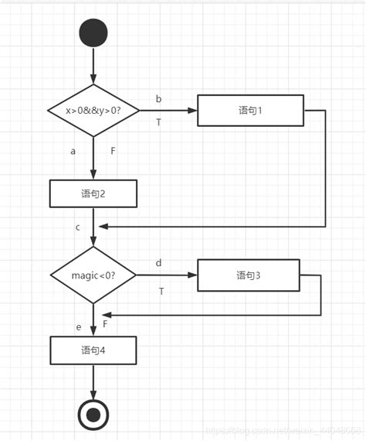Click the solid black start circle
tap(93, 33)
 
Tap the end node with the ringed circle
tap(93, 415)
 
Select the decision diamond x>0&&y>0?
tap(93, 111)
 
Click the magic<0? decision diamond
tap(93, 275)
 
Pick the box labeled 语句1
tap(250, 111)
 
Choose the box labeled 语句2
tap(93, 193)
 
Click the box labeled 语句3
tap(248, 275)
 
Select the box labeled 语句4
tap(93, 350)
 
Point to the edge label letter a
tap(73, 151)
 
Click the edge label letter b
tap(159, 99)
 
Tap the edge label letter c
tap(78, 227)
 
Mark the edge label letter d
tap(159, 263)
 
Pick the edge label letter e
tap(79, 327)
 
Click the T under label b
tap(159, 122)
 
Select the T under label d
tap(161, 291)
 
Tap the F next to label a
tap(113, 151)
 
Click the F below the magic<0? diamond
tap(105, 323)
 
